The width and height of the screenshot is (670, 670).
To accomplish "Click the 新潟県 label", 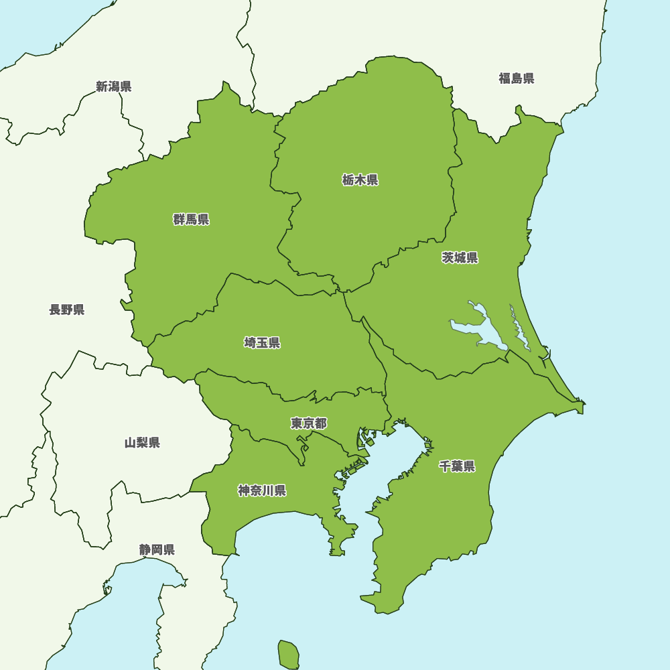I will click(113, 86).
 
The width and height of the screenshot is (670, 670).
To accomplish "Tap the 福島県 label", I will click(516, 78).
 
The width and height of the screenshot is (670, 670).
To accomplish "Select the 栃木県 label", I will click(360, 180).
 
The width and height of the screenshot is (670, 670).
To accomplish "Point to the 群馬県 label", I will click(191, 220).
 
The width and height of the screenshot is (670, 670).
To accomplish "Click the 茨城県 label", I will click(460, 258).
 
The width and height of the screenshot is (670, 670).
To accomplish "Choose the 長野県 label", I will click(66, 310).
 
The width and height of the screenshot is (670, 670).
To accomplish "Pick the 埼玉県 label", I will click(262, 343).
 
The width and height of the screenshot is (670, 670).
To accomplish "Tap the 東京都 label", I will click(309, 423).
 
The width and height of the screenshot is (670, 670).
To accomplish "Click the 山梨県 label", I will click(142, 443).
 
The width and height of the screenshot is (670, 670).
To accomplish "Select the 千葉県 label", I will click(457, 466).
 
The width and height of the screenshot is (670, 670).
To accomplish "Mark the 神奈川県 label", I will click(262, 490).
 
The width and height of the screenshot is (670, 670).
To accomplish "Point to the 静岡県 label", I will click(157, 550).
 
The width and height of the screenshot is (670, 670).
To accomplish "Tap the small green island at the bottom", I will click(289, 654).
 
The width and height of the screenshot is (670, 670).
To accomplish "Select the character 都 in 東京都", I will click(321, 423).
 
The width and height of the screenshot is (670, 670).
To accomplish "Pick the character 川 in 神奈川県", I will click(268, 490).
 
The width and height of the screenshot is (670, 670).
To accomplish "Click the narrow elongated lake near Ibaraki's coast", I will click(519, 328).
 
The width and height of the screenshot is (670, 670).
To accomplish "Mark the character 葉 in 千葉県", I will click(457, 466).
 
